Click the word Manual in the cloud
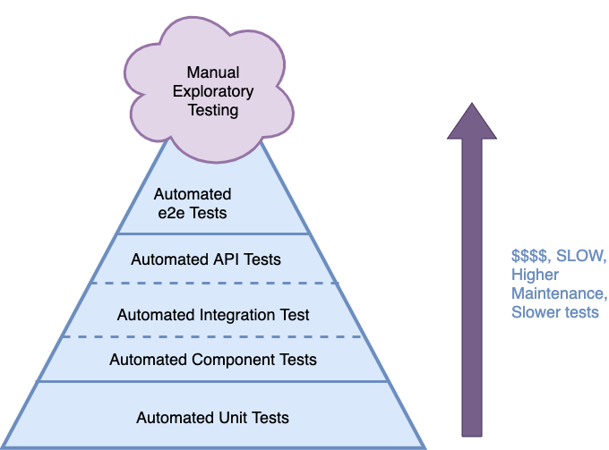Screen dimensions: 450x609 click(213, 72)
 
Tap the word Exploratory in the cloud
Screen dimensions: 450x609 click(213, 91)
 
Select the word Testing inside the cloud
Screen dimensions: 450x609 click(213, 110)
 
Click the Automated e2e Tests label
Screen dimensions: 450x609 click(192, 204)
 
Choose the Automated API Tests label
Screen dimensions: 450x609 click(206, 259)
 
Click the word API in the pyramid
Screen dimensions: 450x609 click(224, 259)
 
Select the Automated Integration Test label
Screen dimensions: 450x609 click(213, 315)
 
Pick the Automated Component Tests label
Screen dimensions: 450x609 click(213, 360)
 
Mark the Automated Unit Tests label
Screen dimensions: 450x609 click(213, 418)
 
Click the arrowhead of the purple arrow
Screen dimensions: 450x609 click(471, 122)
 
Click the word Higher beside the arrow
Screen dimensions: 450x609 click(535, 275)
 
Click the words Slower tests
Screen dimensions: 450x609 click(555, 312)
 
